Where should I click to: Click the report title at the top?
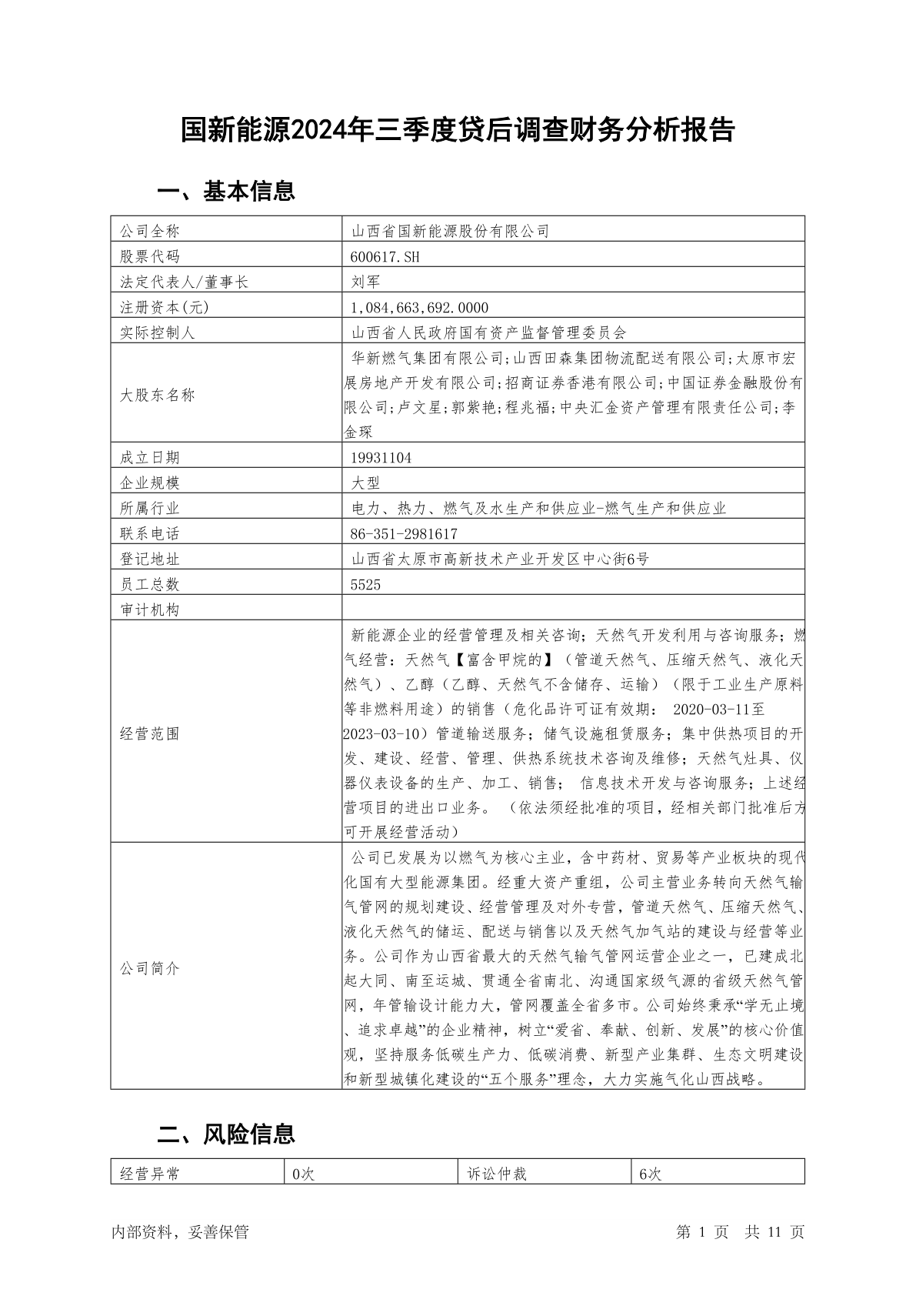pos(458,130)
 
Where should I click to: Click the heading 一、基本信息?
pos(226,191)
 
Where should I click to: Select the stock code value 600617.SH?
pos(385,256)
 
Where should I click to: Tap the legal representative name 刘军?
pos(365,282)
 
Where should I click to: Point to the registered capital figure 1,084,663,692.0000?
pos(419,307)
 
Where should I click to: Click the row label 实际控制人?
pos(158,332)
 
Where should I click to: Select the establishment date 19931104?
pos(381,457)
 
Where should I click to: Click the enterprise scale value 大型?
pos(365,483)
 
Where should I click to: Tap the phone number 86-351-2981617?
pos(404,533)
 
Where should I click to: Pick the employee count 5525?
pos(365,584)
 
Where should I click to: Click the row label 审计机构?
pos(150,610)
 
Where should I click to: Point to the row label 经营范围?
pos(150,733)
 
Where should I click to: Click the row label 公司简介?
pos(150,968)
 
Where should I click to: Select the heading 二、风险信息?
pos(226,1134)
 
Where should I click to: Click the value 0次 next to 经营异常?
pos(304,1174)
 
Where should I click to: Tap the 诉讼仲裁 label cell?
pos(497,1174)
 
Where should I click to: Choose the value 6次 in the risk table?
pos(650,1174)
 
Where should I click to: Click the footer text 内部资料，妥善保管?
pos(180,1232)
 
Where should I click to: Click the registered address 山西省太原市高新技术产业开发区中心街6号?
pos(500,559)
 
